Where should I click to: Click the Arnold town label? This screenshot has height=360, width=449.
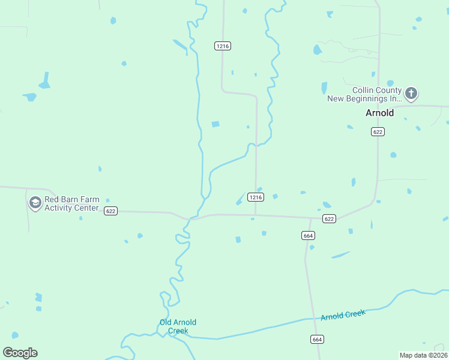(379, 113)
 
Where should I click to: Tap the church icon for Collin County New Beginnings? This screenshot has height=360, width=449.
(411, 93)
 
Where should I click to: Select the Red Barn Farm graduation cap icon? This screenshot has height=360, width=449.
(35, 203)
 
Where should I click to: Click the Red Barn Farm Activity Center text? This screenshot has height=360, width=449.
(71, 204)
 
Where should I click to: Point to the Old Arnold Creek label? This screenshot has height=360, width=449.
(178, 326)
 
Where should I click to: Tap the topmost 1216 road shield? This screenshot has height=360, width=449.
(223, 46)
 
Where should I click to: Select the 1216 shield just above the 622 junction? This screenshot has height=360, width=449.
(256, 197)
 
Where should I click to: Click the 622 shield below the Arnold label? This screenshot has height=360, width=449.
(377, 132)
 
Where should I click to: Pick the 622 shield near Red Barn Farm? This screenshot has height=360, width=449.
(110, 211)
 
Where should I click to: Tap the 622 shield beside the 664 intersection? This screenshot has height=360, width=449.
(328, 219)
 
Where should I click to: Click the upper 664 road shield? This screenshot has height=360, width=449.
(308, 236)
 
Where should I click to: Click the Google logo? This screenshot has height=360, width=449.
(20, 353)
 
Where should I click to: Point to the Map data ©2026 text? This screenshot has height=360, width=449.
(423, 355)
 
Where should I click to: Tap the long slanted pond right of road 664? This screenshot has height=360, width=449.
(340, 255)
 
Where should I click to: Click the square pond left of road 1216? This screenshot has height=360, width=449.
(215, 124)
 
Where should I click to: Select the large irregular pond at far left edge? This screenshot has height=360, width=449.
(44, 80)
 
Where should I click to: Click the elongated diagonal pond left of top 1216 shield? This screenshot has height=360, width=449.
(180, 46)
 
